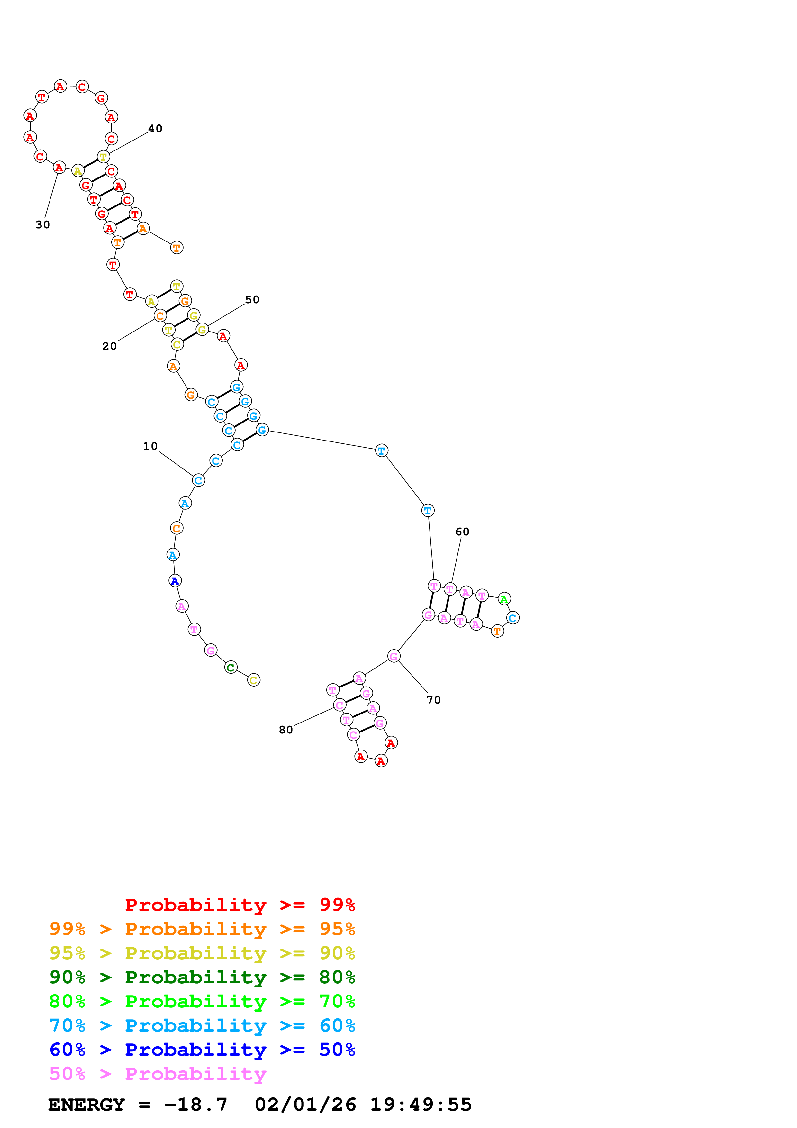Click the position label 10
(x=150, y=446)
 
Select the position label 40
(x=155, y=129)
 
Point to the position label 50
(x=252, y=300)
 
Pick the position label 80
(x=286, y=730)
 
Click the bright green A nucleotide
(x=504, y=599)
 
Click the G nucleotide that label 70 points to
(x=393, y=656)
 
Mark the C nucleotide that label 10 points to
(x=198, y=480)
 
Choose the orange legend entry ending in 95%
(x=202, y=929)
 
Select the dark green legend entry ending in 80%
(x=202, y=977)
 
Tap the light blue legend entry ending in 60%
(x=202, y=1025)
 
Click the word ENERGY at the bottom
(x=86, y=1105)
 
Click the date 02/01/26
(x=305, y=1105)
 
